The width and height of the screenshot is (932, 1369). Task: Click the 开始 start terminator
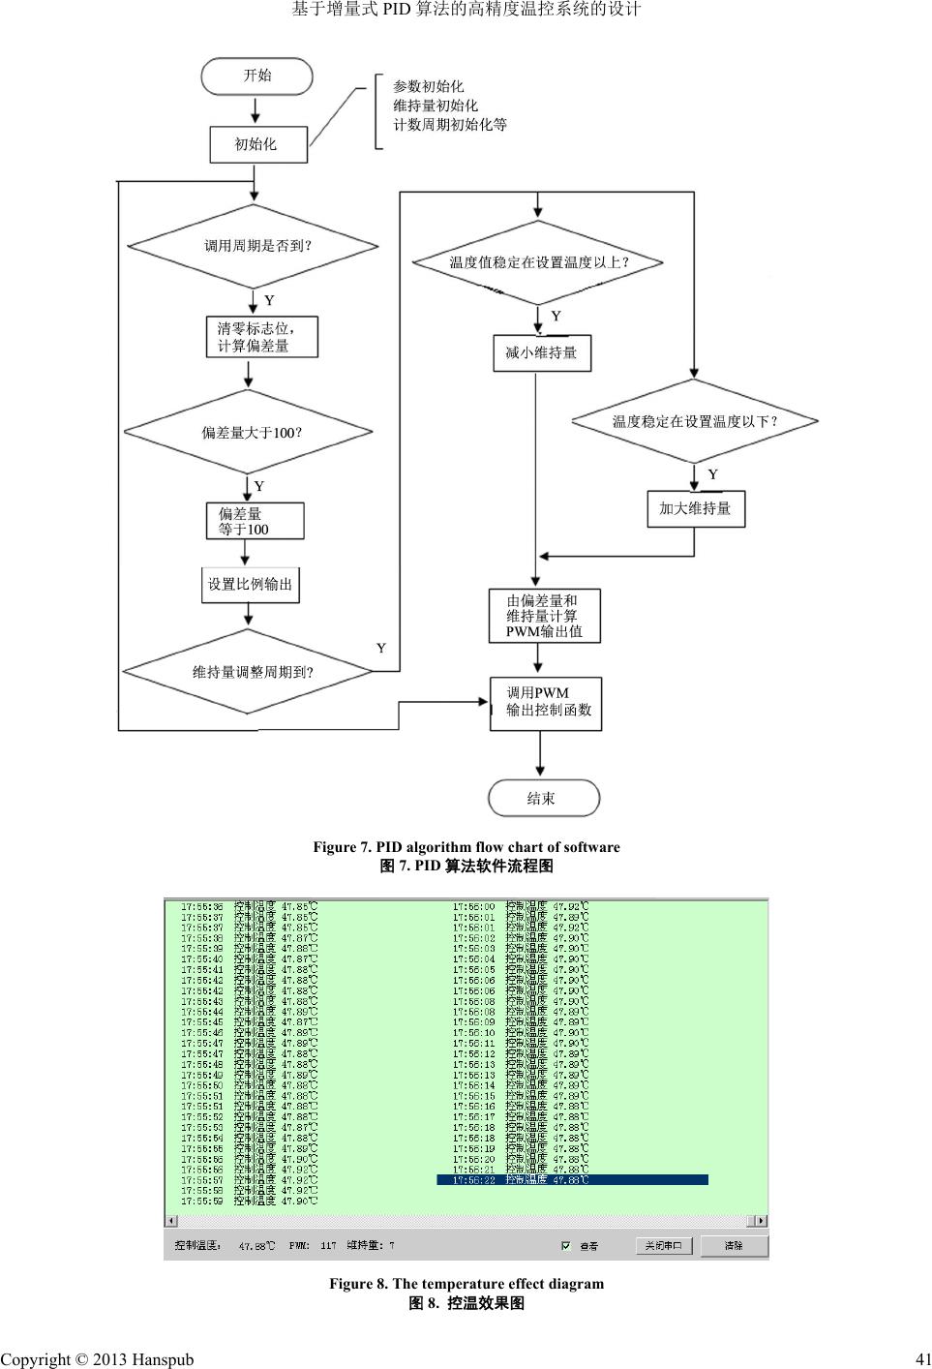point(256,76)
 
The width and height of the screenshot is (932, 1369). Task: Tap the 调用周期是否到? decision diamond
point(254,246)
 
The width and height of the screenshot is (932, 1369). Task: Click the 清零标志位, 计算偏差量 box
point(261,337)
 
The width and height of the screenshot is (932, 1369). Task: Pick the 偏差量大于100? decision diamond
point(250,432)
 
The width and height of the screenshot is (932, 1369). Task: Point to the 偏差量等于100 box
point(255,521)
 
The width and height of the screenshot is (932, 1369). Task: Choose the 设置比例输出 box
point(250,585)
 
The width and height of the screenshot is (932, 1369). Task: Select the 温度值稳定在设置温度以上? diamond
point(538,262)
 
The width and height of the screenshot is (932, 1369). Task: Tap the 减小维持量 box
point(541,353)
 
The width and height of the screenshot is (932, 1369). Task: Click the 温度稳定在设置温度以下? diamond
point(695,421)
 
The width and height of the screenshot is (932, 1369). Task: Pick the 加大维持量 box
point(695,508)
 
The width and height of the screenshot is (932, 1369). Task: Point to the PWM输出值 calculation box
point(544,616)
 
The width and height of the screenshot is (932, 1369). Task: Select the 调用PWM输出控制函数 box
point(546,703)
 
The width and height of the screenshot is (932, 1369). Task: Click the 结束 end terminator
point(543,799)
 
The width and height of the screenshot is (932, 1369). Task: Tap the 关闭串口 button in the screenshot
point(664,1246)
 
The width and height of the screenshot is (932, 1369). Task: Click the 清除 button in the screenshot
point(734,1246)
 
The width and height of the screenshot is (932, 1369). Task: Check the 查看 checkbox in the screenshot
point(566,1246)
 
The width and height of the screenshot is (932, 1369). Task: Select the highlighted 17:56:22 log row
point(572,1179)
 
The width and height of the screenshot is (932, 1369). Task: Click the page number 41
point(921,1359)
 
